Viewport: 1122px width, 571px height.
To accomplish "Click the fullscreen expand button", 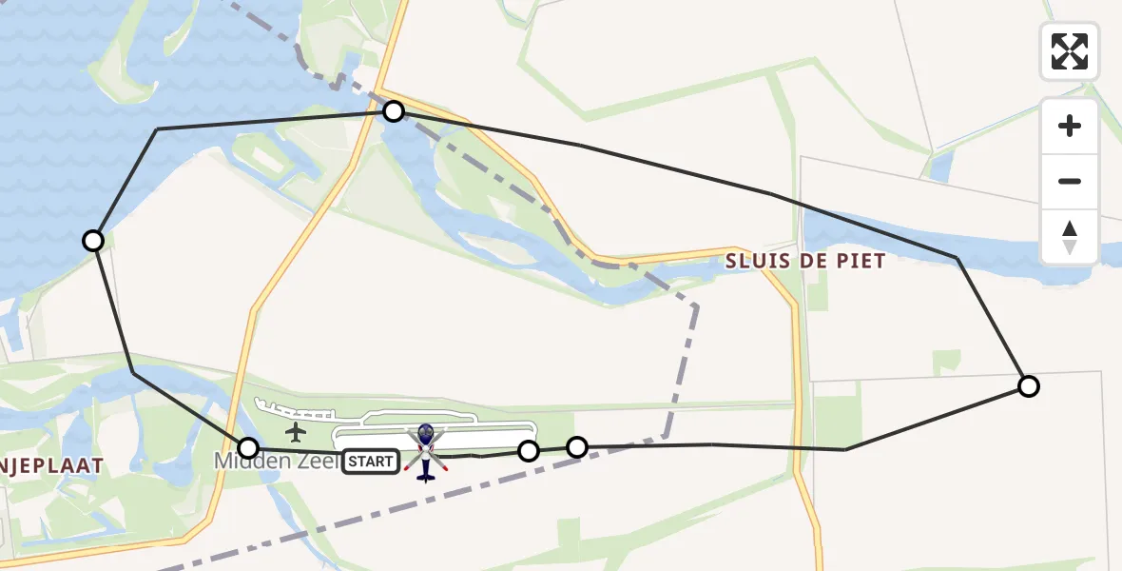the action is (1070, 50).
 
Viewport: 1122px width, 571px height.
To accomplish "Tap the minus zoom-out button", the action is (1070, 181).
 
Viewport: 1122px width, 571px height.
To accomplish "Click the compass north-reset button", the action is (1070, 236).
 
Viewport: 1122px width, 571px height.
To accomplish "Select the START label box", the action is (370, 462).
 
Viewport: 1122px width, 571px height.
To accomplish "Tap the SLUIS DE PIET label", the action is (805, 261).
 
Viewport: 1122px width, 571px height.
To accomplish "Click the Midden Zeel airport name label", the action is (277, 462).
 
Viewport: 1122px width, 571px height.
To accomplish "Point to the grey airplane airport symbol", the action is (296, 433).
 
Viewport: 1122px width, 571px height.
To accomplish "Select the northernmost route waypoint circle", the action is (394, 112).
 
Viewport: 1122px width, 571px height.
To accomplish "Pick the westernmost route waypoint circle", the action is (93, 241).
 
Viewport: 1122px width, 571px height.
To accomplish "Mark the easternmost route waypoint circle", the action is (1028, 386).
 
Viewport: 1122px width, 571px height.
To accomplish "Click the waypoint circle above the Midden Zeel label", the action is (248, 447).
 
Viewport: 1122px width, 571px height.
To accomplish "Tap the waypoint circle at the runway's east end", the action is (529, 450).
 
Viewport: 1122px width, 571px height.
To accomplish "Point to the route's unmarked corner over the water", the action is (158, 128).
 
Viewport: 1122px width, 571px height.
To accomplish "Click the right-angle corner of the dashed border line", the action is (697, 306).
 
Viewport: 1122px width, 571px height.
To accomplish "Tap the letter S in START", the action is (352, 462).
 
